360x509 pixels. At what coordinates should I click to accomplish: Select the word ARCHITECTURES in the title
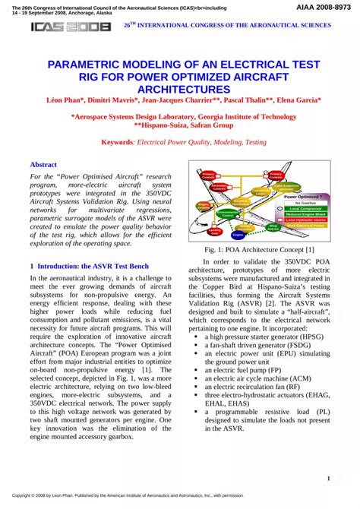click(x=179, y=88)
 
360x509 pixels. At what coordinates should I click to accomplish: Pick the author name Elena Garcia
click(x=298, y=101)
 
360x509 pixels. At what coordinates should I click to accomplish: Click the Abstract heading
click(x=43, y=165)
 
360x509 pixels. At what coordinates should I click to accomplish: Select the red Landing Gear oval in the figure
click(x=215, y=230)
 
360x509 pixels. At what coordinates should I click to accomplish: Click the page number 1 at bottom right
click(x=327, y=478)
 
